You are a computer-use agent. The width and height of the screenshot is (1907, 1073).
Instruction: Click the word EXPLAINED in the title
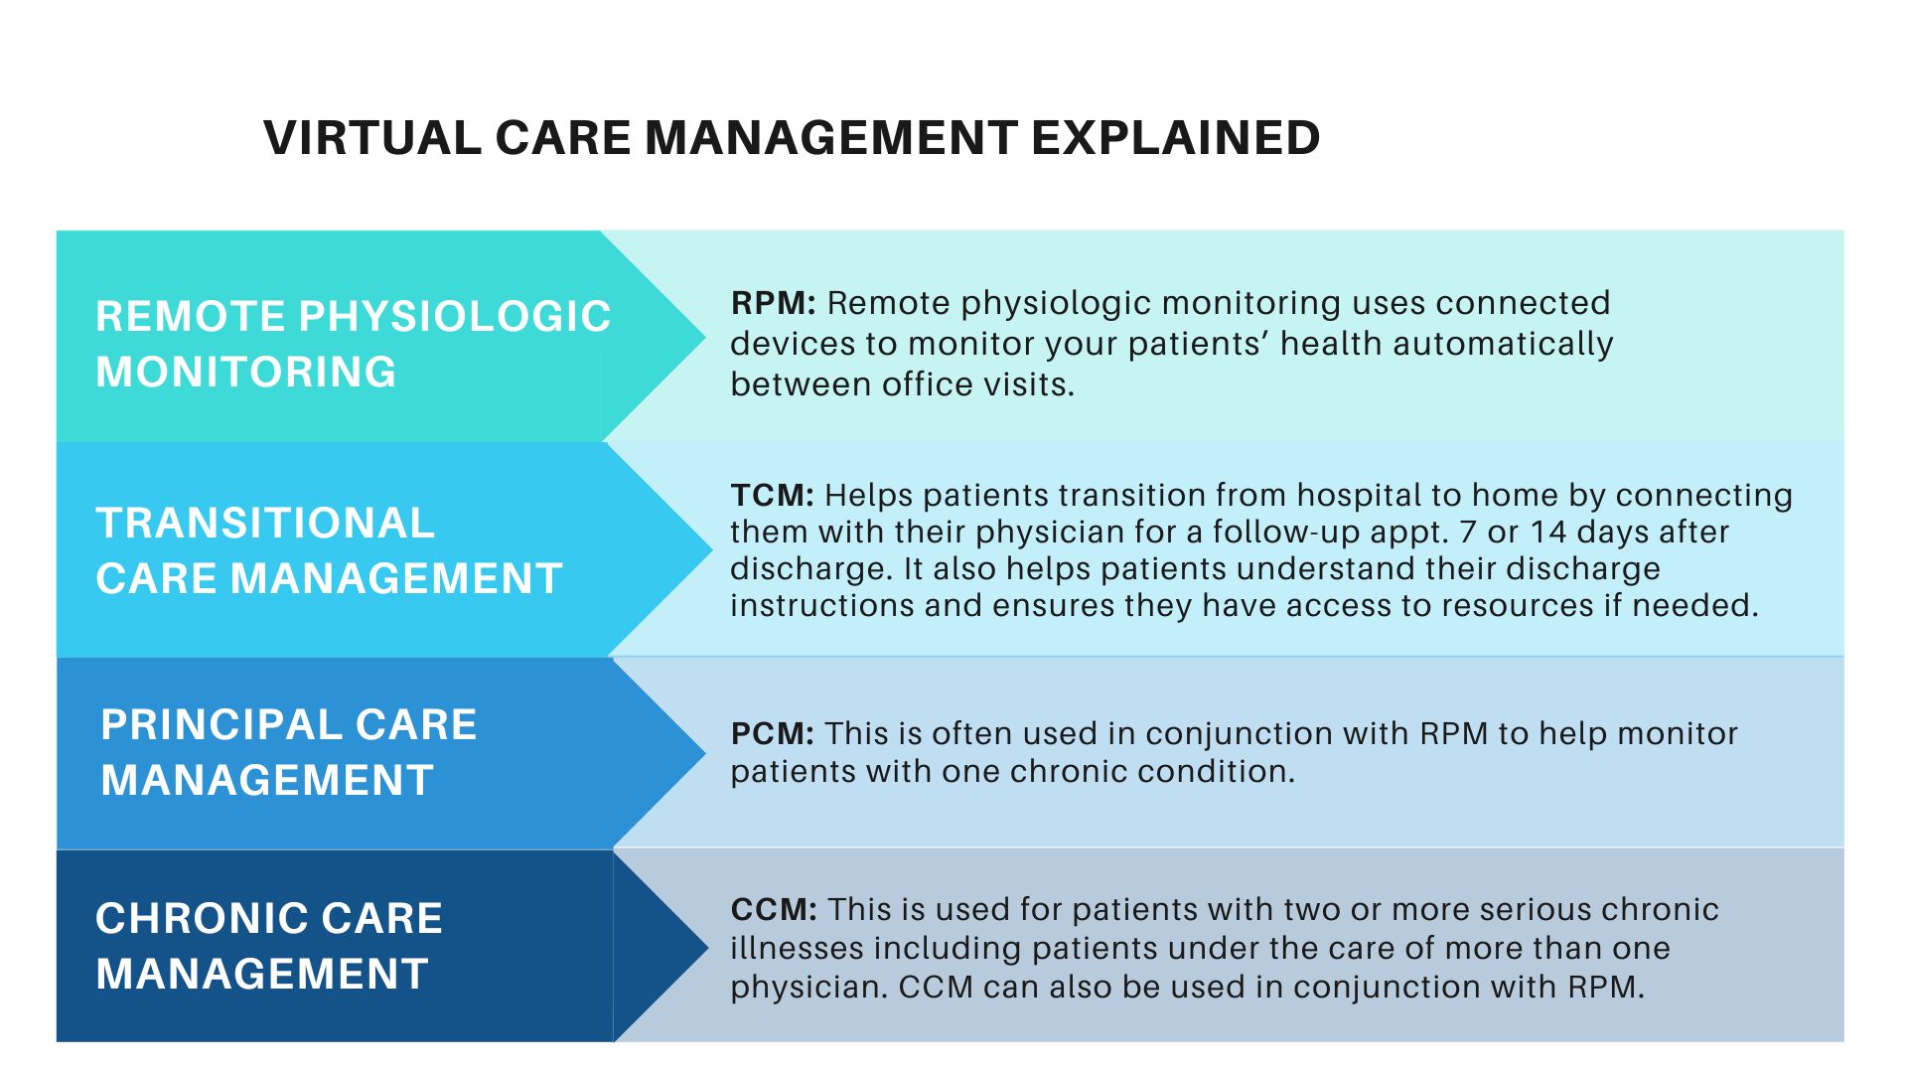tap(1175, 138)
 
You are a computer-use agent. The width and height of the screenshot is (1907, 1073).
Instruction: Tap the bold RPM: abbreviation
tap(773, 303)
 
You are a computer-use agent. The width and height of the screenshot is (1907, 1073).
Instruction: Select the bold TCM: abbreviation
tap(772, 495)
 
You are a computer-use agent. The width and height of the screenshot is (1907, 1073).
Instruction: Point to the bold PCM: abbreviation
tap(772, 734)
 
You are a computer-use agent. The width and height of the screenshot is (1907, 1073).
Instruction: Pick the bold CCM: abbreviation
tap(774, 910)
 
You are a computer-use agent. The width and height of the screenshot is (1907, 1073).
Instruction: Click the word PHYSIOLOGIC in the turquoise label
tap(455, 317)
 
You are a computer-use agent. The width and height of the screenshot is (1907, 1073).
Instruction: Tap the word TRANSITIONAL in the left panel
tap(265, 524)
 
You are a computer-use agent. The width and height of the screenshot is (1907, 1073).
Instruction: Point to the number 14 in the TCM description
tap(1547, 533)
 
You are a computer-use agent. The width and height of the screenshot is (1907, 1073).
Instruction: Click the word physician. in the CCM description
tap(808, 988)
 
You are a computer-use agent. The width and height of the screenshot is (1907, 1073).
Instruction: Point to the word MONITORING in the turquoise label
tap(246, 373)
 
